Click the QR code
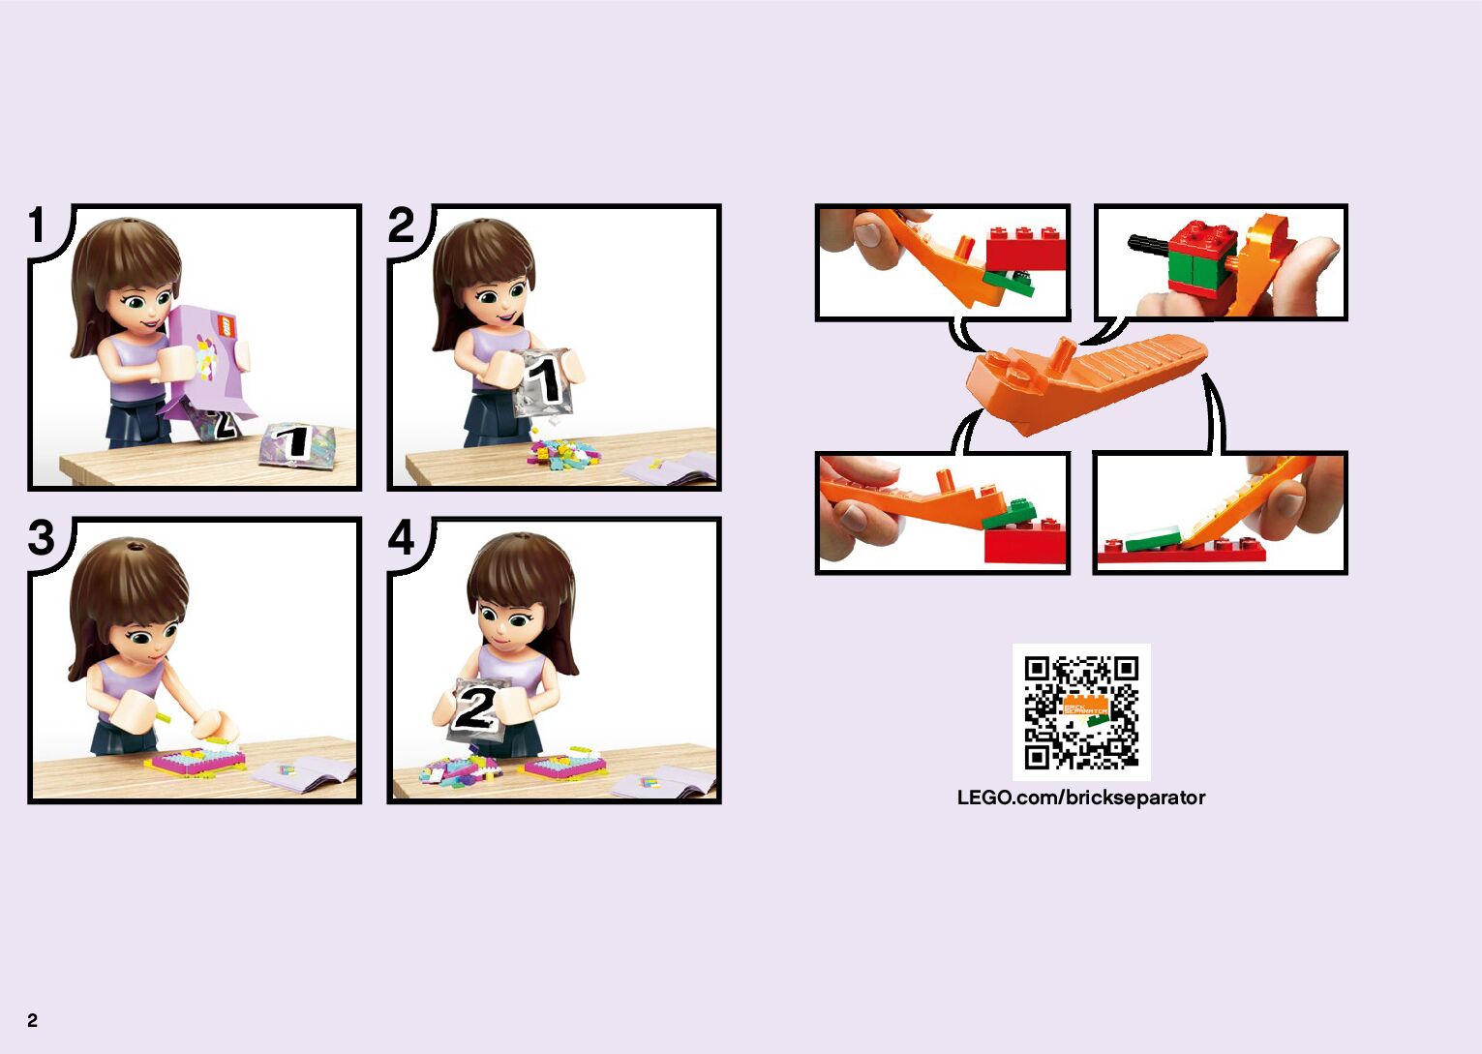(1081, 712)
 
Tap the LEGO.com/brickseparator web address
(1081, 798)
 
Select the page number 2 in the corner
(32, 1020)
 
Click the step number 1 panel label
(37, 225)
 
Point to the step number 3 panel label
(42, 537)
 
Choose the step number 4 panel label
(401, 537)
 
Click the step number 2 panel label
(401, 225)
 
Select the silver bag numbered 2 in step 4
(476, 709)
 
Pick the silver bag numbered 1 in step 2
(544, 382)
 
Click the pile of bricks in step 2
(562, 454)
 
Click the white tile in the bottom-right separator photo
(1153, 538)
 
